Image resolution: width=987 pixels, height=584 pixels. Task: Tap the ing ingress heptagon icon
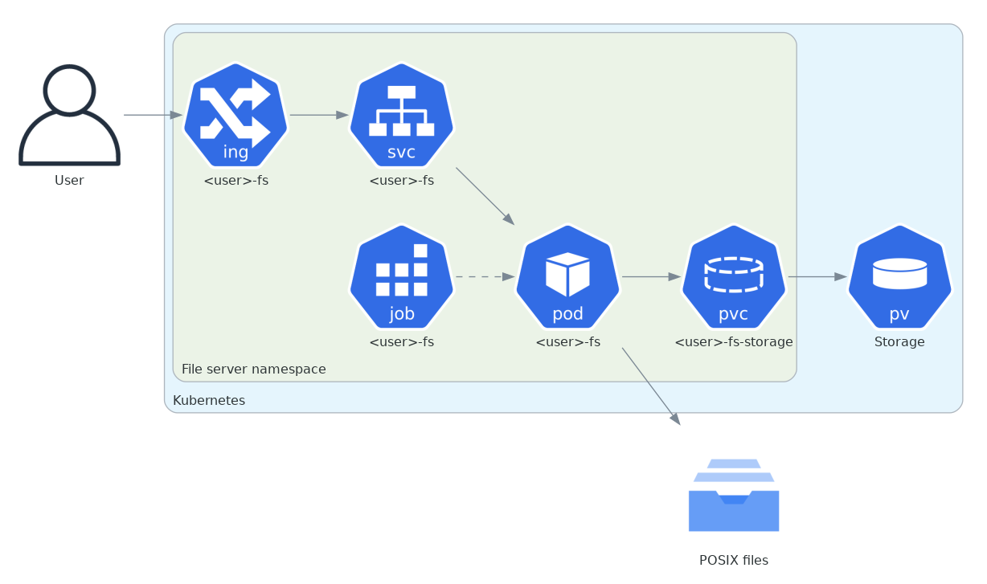(235, 115)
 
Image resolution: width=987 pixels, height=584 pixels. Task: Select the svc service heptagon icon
(401, 115)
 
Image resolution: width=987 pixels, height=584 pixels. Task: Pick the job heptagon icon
(401, 276)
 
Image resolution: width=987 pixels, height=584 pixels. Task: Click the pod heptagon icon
(567, 276)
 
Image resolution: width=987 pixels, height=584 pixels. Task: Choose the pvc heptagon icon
(733, 276)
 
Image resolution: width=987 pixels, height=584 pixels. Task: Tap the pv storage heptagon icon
(899, 276)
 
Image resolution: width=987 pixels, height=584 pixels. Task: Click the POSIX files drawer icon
(733, 496)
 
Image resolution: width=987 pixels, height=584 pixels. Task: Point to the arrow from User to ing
(153, 115)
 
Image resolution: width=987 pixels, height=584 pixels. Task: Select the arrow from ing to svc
(318, 115)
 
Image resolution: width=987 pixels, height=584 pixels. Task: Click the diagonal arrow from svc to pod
(485, 196)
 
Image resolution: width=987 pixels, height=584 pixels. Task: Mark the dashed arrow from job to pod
(485, 276)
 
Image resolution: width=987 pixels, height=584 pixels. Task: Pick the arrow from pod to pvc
(651, 276)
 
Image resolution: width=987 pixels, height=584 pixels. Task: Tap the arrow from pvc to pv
(817, 276)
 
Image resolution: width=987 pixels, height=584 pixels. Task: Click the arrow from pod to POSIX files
(651, 386)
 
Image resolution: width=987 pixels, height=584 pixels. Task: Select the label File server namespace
(253, 370)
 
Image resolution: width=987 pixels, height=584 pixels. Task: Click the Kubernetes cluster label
(209, 400)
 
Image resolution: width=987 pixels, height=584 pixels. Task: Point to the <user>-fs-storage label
(733, 342)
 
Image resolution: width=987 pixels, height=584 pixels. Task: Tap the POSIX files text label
(733, 561)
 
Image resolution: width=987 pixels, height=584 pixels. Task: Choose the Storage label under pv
(899, 342)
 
